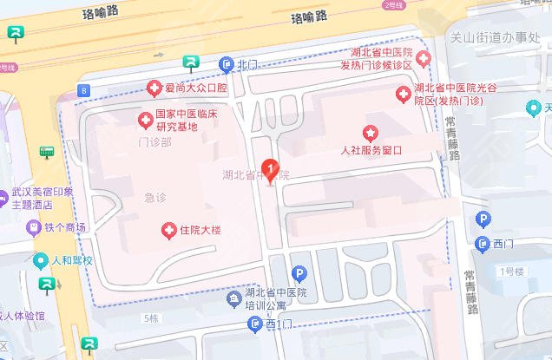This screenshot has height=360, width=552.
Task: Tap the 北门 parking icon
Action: pyautogui.click(x=227, y=64)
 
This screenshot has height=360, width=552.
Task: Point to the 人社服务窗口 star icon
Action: pyautogui.click(x=371, y=134)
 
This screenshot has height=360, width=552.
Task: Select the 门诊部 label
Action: pyautogui.click(x=155, y=141)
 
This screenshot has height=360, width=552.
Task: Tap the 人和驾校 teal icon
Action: pyautogui.click(x=40, y=260)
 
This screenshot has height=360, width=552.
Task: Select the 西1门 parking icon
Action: pyautogui.click(x=254, y=324)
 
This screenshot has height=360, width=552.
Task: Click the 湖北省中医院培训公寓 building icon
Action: pyautogui.click(x=233, y=299)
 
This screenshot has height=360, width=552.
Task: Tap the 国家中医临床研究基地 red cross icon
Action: pyautogui.click(x=145, y=118)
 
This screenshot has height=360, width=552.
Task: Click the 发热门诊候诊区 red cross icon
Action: pyautogui.click(x=424, y=59)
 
